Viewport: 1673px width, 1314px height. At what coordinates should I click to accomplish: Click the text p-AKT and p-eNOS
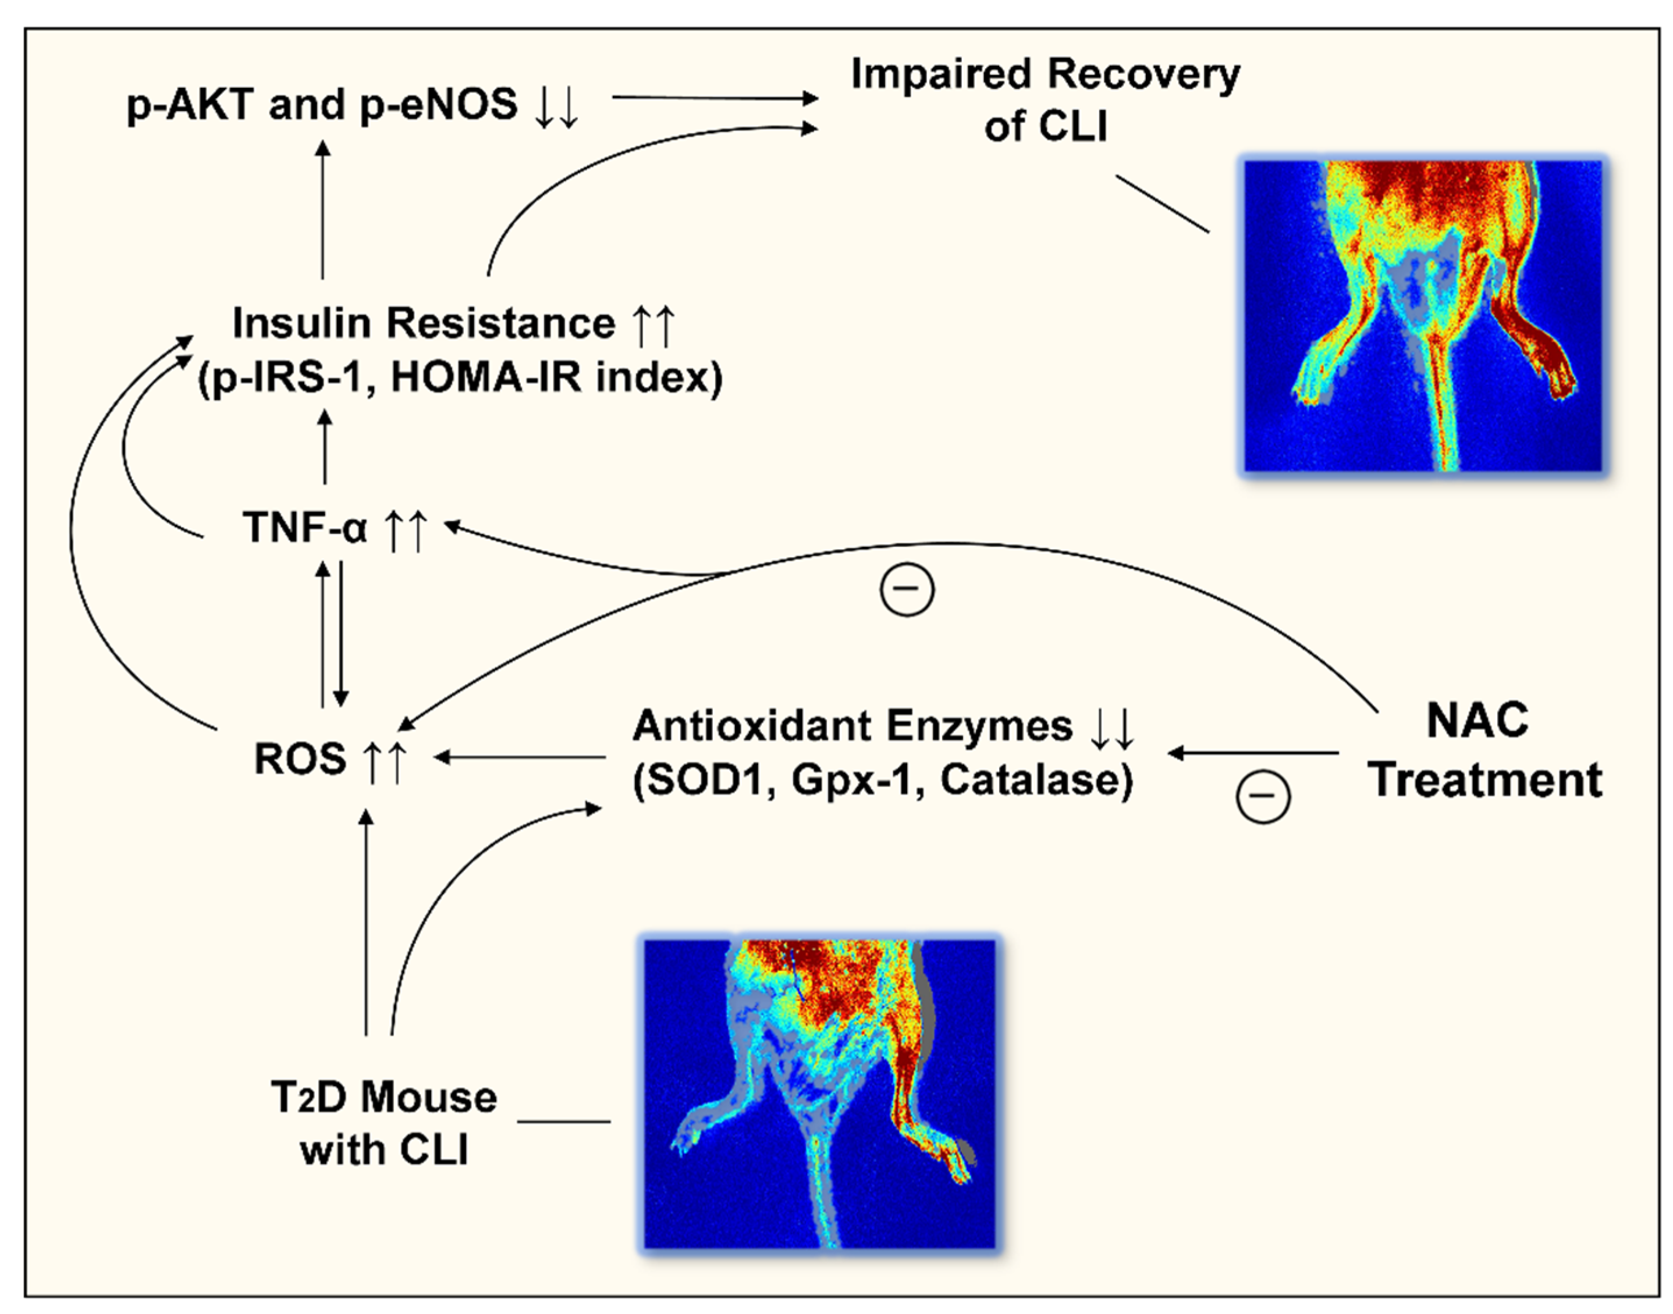pos(322,105)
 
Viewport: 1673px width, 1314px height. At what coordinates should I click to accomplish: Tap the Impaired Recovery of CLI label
pos(1045,100)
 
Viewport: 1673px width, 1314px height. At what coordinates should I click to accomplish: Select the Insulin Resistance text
pos(423,323)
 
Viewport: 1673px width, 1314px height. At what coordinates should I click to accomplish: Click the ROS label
pos(300,759)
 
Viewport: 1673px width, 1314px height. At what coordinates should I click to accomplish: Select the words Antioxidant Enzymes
pos(852,725)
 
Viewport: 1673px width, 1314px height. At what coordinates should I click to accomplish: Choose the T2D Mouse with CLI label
pos(383,1123)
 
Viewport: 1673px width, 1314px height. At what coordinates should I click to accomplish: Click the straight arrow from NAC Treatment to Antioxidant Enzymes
pos(1255,753)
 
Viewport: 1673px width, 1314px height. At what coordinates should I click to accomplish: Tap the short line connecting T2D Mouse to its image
pos(564,1121)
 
